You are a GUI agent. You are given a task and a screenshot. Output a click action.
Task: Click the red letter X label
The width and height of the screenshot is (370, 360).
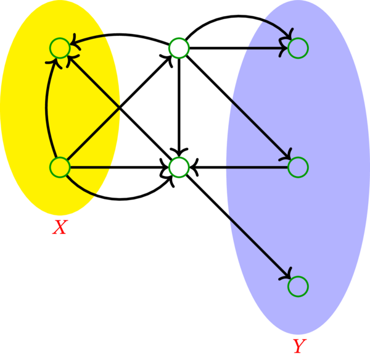click(59, 228)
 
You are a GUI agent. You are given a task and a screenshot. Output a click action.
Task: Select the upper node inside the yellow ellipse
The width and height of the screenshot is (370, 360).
click(59, 48)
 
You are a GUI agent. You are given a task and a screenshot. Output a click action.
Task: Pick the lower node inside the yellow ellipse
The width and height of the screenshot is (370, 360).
click(59, 167)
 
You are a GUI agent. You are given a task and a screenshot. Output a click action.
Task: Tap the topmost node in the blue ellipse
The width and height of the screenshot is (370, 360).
click(298, 48)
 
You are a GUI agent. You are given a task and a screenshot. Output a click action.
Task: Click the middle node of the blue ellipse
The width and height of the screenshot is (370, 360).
click(298, 167)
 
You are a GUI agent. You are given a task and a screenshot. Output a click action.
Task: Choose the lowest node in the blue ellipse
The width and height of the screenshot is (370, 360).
click(298, 286)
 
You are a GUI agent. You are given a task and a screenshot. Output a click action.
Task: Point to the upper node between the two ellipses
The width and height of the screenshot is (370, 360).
click(178, 48)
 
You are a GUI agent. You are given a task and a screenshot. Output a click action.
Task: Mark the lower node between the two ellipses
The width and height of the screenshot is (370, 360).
click(178, 167)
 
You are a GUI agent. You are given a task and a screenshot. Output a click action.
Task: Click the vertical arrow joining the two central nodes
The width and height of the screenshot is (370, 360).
click(178, 105)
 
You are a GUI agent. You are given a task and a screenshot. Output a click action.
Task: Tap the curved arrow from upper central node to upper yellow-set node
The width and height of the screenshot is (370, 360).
click(117, 36)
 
